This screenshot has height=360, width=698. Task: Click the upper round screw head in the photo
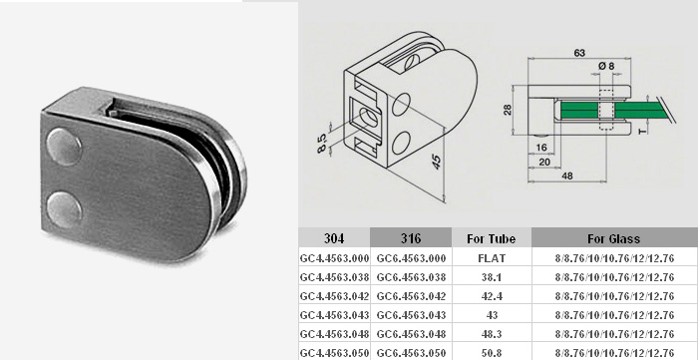tap(64, 147)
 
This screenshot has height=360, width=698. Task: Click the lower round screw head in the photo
tap(65, 209)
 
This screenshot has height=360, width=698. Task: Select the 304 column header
tap(334, 238)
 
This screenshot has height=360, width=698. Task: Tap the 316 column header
tap(411, 238)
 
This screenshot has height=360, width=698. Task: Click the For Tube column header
tap(491, 239)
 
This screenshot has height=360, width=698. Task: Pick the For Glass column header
tap(614, 239)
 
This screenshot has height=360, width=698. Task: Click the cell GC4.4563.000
tap(334, 258)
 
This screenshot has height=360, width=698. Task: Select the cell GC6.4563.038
tap(411, 277)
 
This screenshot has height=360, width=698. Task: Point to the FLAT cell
tap(491, 258)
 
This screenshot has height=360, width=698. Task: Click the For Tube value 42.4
tap(492, 296)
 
